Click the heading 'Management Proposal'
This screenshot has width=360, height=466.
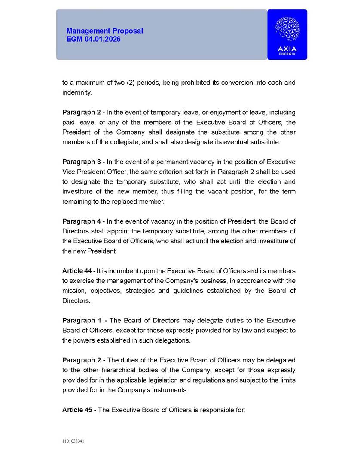click(104, 31)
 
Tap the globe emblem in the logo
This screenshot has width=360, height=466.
click(287, 29)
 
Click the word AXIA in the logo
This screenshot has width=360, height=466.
click(287, 49)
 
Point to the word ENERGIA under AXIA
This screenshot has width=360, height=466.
click(287, 54)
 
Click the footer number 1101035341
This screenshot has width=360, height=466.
click(73, 441)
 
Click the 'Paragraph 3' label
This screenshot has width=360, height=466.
click(83, 162)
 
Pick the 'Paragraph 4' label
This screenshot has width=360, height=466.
click(83, 221)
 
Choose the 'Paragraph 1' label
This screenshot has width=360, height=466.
click(84, 320)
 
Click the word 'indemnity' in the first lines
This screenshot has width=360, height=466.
click(76, 92)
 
